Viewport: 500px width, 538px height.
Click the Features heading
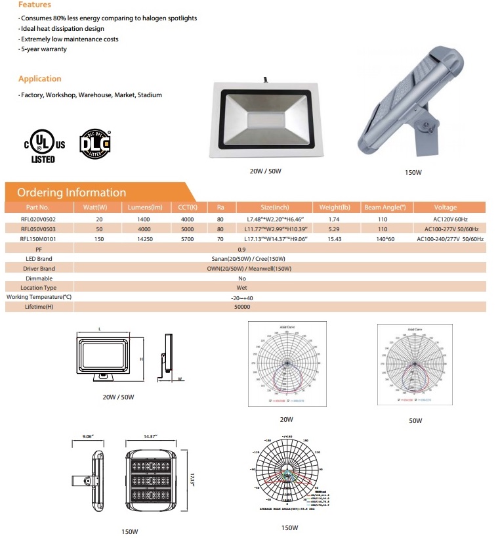click(34, 5)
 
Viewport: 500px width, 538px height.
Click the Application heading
click(39, 79)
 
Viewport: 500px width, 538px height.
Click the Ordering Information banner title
click(71, 192)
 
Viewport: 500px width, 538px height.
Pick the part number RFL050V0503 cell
click(39, 228)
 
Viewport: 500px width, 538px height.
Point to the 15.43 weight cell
click(335, 238)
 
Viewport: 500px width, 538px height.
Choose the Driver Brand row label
click(39, 269)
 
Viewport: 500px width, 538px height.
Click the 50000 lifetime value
click(242, 307)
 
